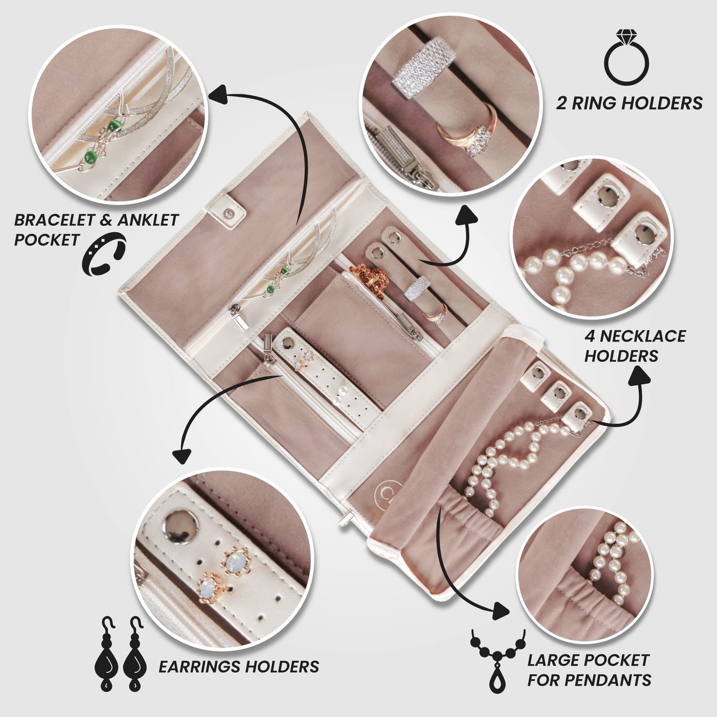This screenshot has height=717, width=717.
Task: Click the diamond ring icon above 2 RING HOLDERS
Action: [626, 52]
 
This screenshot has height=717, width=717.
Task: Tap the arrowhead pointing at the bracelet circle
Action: [217, 93]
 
